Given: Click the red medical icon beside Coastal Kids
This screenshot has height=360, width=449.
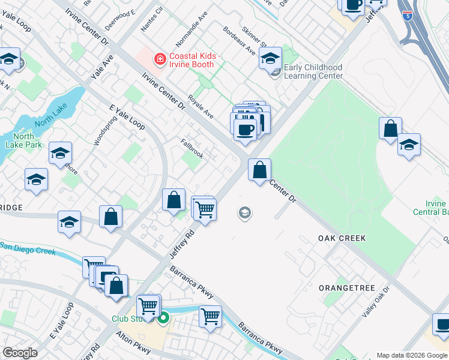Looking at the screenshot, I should [160, 59].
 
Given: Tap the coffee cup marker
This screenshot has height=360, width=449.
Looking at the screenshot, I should [244, 128].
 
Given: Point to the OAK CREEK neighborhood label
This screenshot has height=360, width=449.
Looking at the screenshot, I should [342, 238].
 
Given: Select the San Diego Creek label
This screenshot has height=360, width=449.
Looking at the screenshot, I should [28, 248].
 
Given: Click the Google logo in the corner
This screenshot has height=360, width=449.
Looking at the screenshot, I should [20, 353].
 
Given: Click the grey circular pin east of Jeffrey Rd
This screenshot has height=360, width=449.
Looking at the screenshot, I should [244, 212].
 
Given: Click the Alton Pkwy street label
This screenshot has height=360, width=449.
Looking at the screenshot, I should [133, 340].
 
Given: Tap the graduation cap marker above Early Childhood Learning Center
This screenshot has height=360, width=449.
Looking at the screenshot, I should [270, 59].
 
